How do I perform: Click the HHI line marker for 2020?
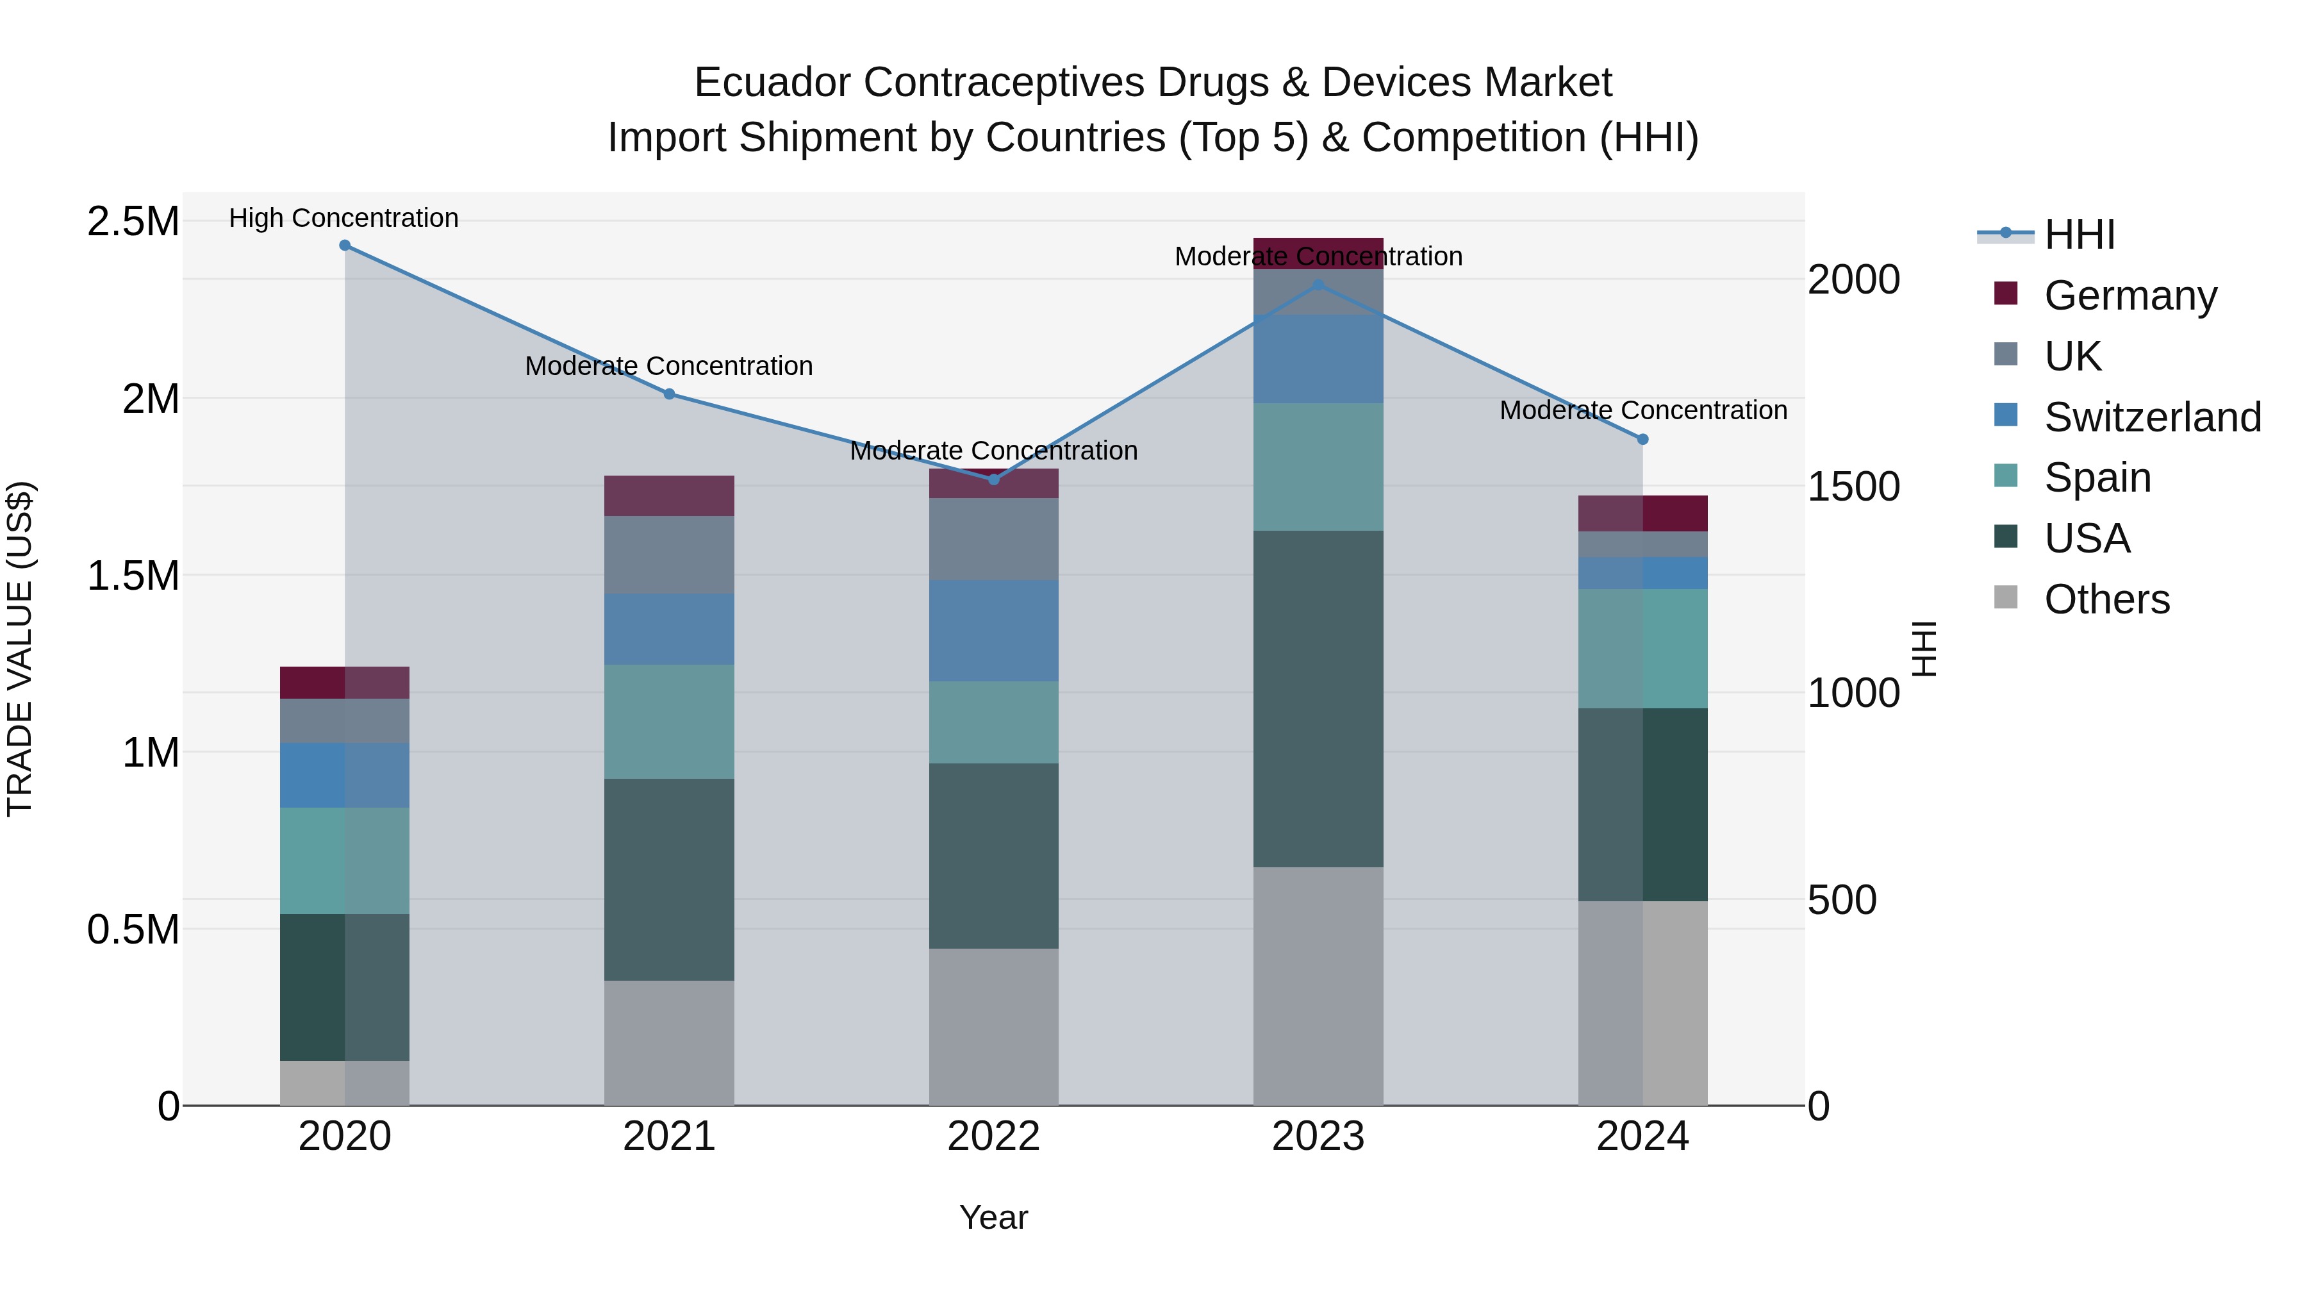pos(345,245)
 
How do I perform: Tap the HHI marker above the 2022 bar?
pos(993,480)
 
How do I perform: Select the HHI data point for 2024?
pos(1642,440)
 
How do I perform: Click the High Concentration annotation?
pos(344,219)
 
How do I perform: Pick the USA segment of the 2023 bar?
pos(1318,699)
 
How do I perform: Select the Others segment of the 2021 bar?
pos(669,1044)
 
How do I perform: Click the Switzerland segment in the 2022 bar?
pos(993,631)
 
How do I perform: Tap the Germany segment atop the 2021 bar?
pos(669,495)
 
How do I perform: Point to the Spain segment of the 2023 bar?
pos(1318,467)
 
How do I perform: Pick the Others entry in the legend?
pos(2106,599)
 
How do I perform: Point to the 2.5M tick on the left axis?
pos(133,221)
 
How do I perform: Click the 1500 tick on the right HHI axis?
pos(1853,487)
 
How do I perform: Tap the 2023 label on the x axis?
pos(1318,1136)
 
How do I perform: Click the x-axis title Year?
pos(993,1217)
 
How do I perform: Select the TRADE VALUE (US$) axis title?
pos(20,649)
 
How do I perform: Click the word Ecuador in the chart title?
pos(771,83)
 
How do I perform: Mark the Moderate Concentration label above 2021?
pos(669,367)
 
